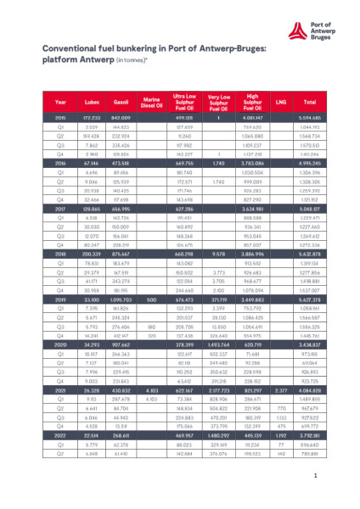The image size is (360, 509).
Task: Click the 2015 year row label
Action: point(60,117)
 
